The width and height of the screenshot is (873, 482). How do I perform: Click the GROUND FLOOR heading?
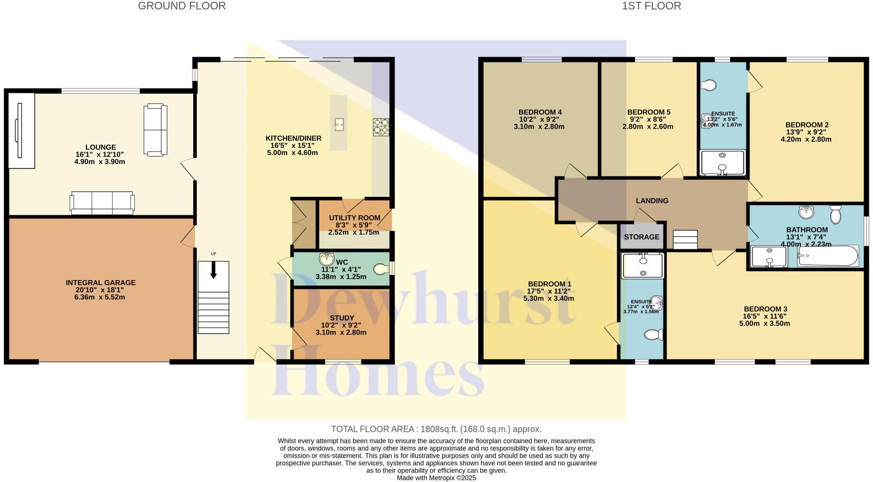(x=182, y=6)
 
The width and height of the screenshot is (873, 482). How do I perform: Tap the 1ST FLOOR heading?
(x=651, y=6)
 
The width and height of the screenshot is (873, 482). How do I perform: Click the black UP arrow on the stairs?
(x=214, y=270)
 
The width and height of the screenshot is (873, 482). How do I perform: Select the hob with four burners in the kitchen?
(x=381, y=127)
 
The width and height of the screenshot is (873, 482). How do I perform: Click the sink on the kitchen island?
(x=339, y=124)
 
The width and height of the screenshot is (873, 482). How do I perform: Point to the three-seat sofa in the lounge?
(x=102, y=203)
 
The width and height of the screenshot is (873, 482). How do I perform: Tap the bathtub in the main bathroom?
(x=828, y=256)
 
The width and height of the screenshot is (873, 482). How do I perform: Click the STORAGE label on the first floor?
(x=641, y=237)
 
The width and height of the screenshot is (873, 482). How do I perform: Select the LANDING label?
(x=652, y=201)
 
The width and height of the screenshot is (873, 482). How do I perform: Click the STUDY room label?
(x=342, y=318)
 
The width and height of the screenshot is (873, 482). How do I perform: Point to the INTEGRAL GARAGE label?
(x=101, y=283)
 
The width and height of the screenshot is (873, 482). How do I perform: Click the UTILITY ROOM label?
(x=354, y=218)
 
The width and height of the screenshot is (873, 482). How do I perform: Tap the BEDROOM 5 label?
(x=649, y=112)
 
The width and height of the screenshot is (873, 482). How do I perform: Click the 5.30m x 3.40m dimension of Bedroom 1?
(x=548, y=299)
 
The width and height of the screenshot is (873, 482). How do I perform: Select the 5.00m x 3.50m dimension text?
(x=764, y=324)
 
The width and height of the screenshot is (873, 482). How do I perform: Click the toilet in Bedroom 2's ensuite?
(x=709, y=85)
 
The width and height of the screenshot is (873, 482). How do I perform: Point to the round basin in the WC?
(x=326, y=259)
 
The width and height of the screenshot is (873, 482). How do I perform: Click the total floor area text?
(x=436, y=429)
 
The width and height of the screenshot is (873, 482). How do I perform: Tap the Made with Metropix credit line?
(x=436, y=478)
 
